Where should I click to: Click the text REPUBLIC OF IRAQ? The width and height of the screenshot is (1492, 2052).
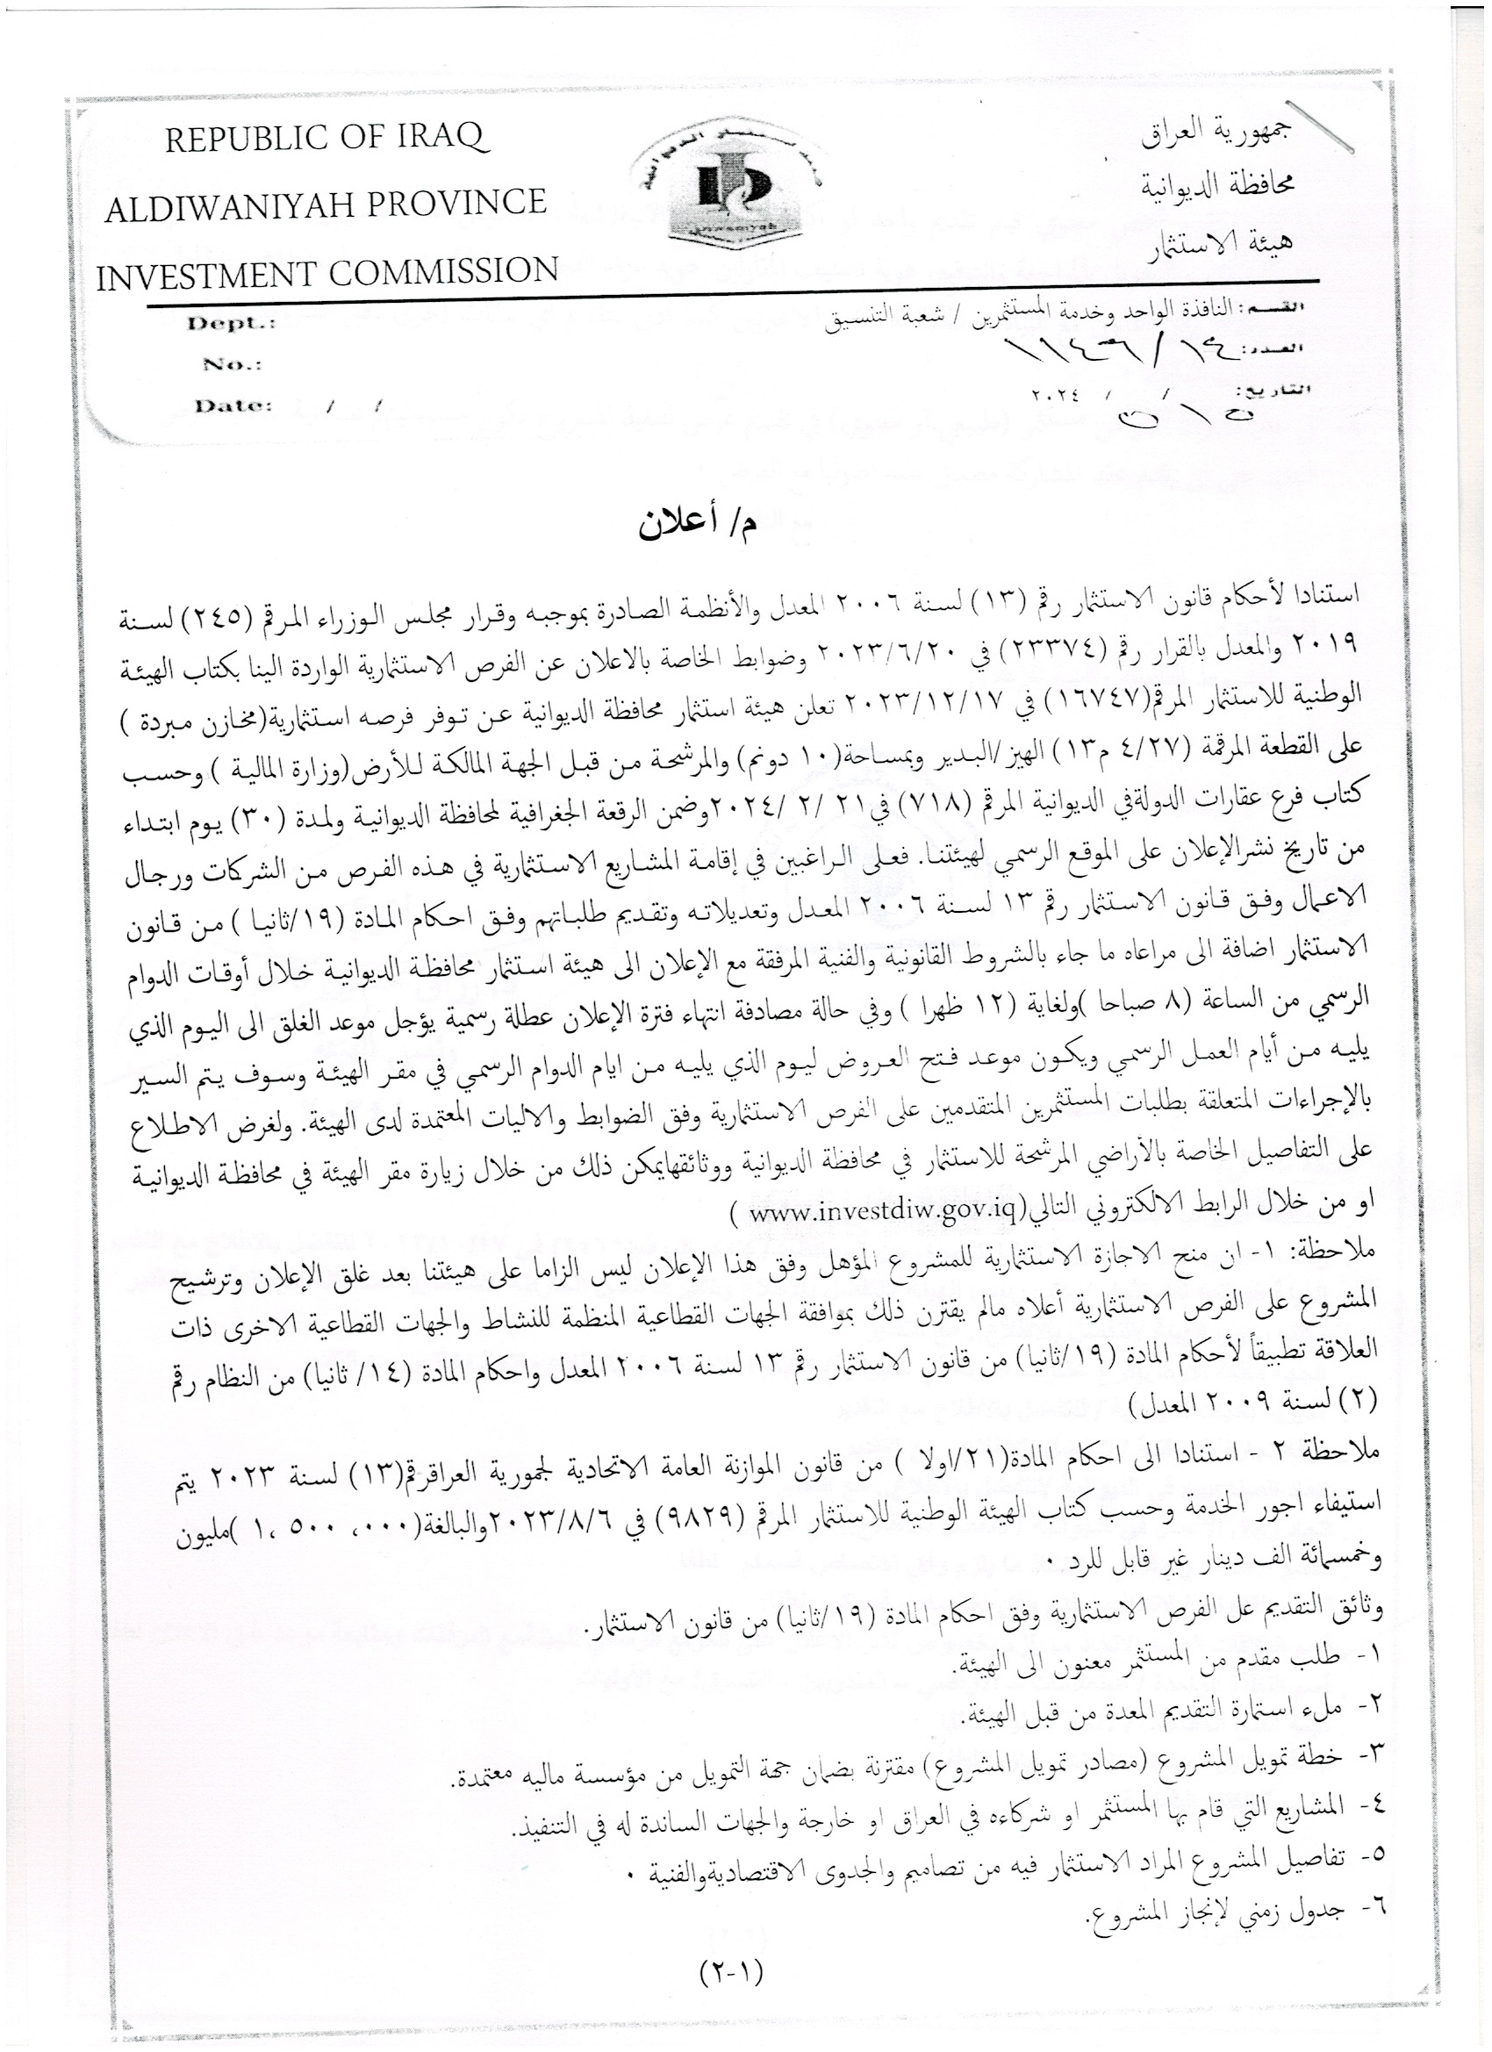[x=326, y=139]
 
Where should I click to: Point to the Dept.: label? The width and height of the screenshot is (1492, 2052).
[x=231, y=324]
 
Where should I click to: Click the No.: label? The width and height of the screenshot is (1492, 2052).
[x=232, y=364]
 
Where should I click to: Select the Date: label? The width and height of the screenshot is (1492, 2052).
[x=233, y=405]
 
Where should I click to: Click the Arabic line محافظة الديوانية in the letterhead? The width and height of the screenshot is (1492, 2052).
[x=1216, y=185]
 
